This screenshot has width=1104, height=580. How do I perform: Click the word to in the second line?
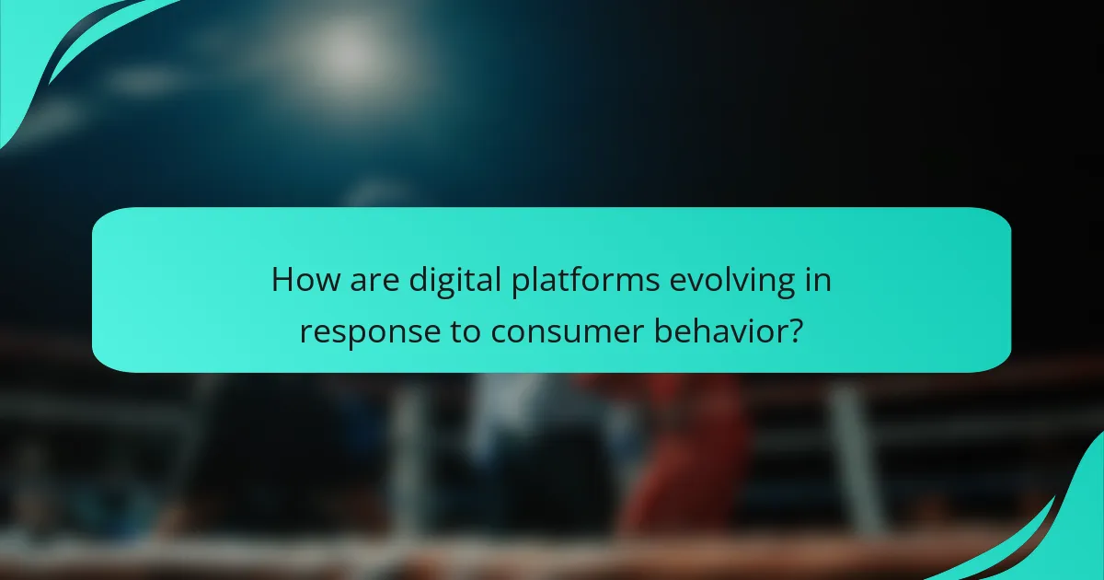[x=460, y=331]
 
